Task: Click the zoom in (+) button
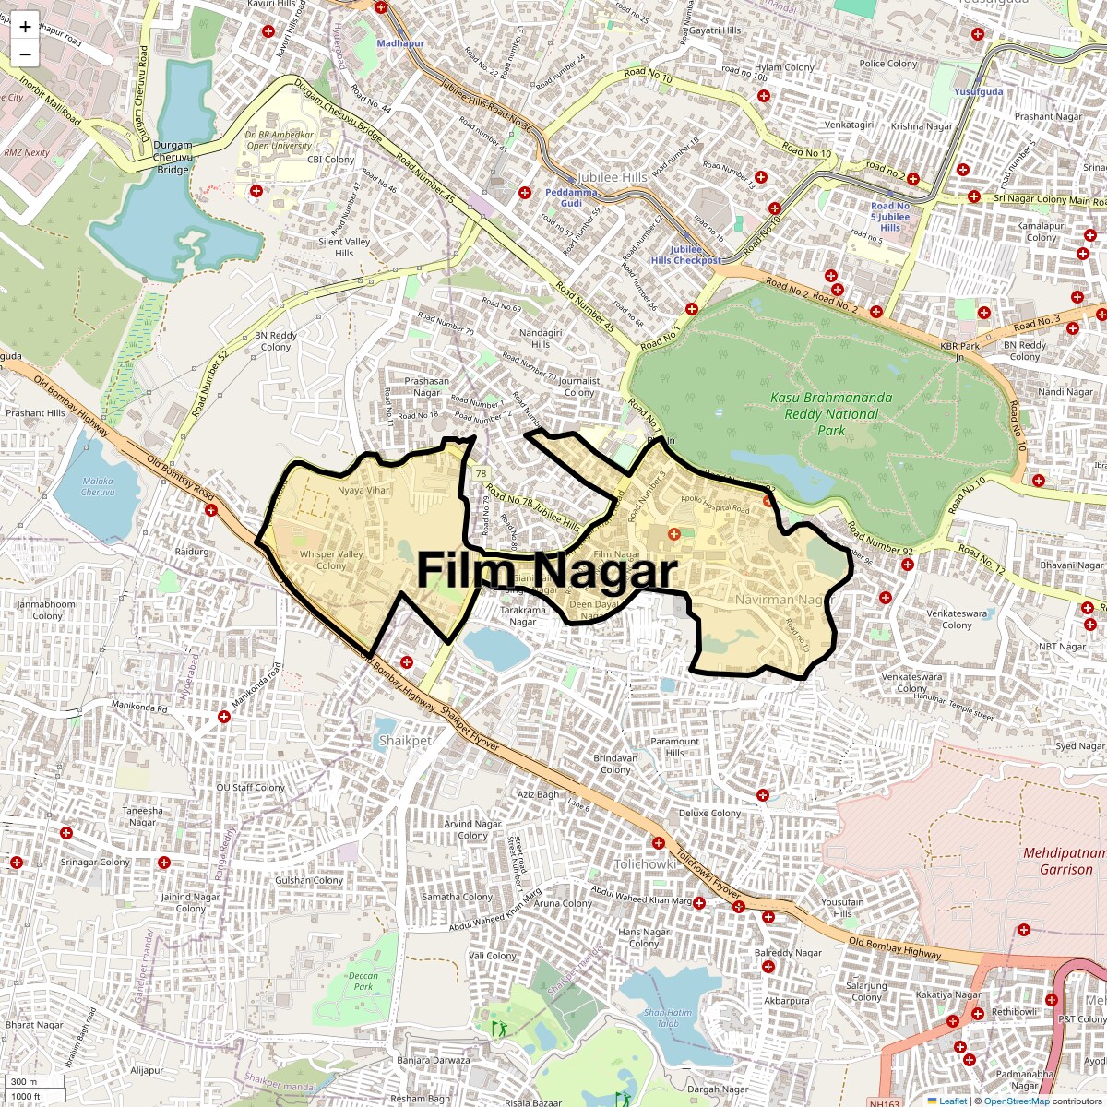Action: pyautogui.click(x=25, y=27)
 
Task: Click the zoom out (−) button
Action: pyautogui.click(x=25, y=54)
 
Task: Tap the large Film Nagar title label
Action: pyautogui.click(x=547, y=571)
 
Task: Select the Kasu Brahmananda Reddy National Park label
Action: pyautogui.click(x=831, y=413)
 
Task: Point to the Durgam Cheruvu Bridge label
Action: pyautogui.click(x=173, y=157)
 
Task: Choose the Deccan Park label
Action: pyautogui.click(x=363, y=981)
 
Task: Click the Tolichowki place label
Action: pyautogui.click(x=646, y=864)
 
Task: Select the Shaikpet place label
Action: pyautogui.click(x=405, y=741)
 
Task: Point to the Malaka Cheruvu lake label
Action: pyautogui.click(x=98, y=486)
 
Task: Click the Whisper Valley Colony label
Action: pyautogui.click(x=331, y=560)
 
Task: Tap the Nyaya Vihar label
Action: pyautogui.click(x=363, y=490)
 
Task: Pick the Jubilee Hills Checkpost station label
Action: pyautogui.click(x=685, y=255)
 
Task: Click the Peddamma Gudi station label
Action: pyautogui.click(x=571, y=197)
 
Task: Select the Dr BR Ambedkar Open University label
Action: pyautogui.click(x=280, y=140)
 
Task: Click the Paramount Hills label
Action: pyautogui.click(x=675, y=746)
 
